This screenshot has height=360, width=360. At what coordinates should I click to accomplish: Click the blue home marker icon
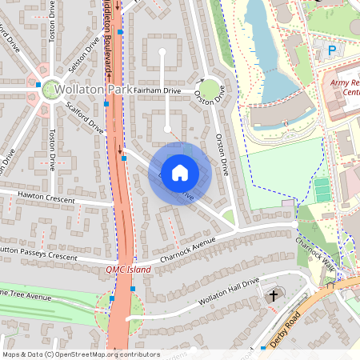click(x=180, y=173)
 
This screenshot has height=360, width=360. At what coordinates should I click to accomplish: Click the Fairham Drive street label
click(x=158, y=91)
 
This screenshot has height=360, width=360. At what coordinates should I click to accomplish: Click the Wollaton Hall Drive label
click(x=218, y=292)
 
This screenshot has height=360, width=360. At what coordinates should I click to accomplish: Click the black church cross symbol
click(x=273, y=296)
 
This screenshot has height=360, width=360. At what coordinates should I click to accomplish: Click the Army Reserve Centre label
click(x=343, y=87)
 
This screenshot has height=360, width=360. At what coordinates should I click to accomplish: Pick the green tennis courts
click(x=322, y=190)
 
